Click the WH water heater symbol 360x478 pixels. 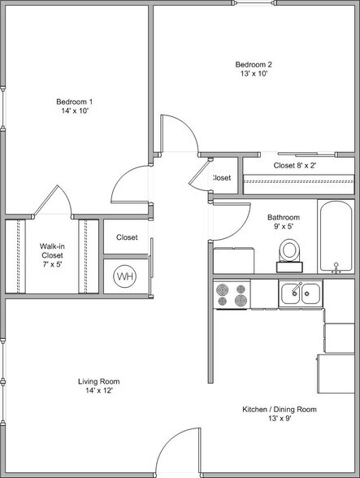pyautogui.click(x=124, y=276)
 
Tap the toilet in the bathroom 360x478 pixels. pyautogui.click(x=289, y=255)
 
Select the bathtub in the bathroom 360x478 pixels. pyautogui.click(x=336, y=237)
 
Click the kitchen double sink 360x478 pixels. pyautogui.click(x=301, y=293)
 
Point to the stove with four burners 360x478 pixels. pyautogui.click(x=232, y=294)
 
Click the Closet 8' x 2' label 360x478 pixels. pyautogui.click(x=295, y=166)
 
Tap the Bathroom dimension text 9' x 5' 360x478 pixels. pyautogui.click(x=284, y=227)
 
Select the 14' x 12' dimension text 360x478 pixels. pyautogui.click(x=99, y=390)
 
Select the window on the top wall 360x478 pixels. pyautogui.click(x=255, y=2)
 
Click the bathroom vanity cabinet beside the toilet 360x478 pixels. pyautogui.click(x=233, y=260)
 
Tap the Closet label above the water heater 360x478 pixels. pyautogui.click(x=127, y=237)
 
